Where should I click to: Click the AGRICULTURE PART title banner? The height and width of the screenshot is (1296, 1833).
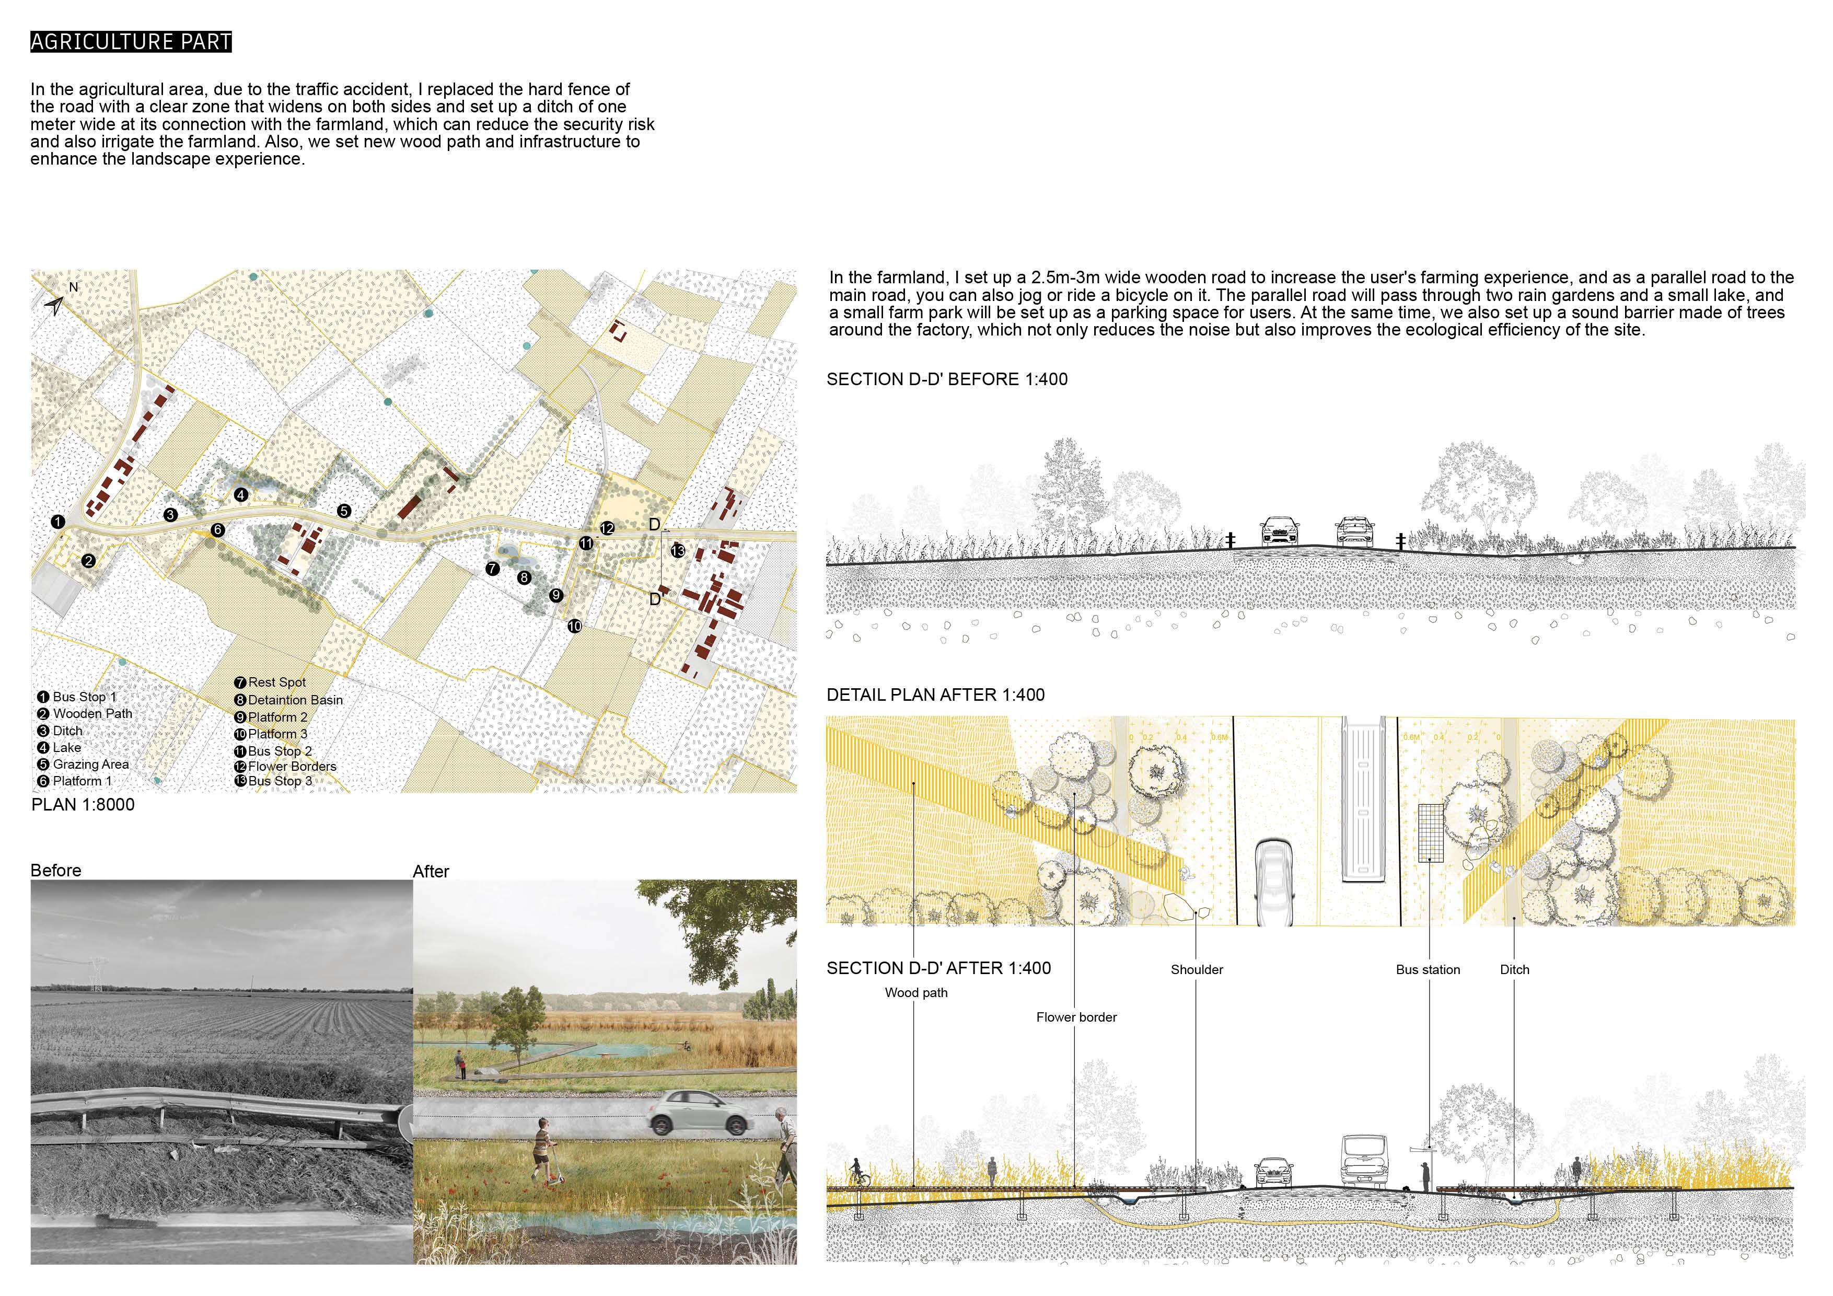[x=131, y=41]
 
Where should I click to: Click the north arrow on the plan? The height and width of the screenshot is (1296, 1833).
[x=54, y=304]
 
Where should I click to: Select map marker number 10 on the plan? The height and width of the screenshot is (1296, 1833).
[x=575, y=626]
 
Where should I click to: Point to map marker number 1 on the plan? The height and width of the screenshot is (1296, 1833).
[x=57, y=522]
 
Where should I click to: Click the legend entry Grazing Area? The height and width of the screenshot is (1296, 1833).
[x=90, y=764]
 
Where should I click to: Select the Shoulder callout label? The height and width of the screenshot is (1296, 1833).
[x=1196, y=969]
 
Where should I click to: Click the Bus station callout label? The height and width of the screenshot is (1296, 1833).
[x=1428, y=969]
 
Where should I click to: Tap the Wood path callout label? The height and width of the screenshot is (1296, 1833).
[x=915, y=992]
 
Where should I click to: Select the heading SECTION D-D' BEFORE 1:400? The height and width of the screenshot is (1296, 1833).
[x=947, y=379]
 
